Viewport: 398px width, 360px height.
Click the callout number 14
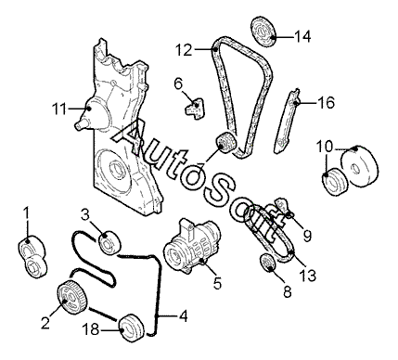coord(302,37)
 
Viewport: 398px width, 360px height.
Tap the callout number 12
coord(184,50)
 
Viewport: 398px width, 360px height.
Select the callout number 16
coord(327,102)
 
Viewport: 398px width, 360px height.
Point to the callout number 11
coord(58,109)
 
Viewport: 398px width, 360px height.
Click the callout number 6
coord(179,84)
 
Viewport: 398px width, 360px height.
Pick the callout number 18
coord(91,329)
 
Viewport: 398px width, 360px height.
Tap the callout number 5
coord(218,283)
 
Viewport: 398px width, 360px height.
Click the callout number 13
coord(308,275)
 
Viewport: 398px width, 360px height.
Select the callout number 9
coord(307,237)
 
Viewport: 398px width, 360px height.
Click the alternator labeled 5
coord(192,246)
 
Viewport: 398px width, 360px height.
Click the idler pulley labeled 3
coord(110,242)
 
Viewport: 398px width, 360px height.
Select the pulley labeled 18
coord(132,328)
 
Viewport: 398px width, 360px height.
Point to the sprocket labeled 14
coord(263,32)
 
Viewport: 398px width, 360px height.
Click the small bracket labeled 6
coord(196,109)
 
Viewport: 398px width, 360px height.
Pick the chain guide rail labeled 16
coord(286,122)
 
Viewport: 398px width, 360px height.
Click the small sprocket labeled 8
coord(268,263)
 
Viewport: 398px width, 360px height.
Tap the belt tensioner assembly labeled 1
coord(32,257)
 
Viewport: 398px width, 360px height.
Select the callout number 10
coord(324,147)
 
